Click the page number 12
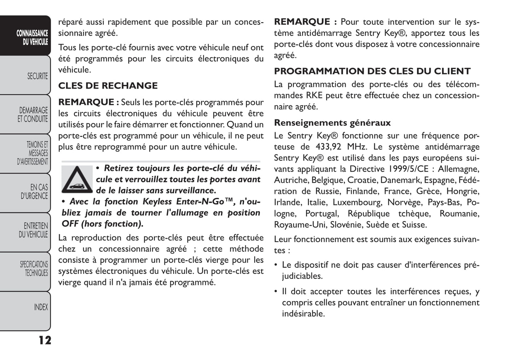click(x=45, y=340)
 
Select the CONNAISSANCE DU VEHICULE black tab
click(x=32, y=37)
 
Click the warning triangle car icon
click(x=77, y=179)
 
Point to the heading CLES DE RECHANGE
click(x=108, y=86)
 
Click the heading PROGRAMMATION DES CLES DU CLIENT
click(x=372, y=71)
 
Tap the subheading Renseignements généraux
click(x=332, y=123)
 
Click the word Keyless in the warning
click(x=157, y=202)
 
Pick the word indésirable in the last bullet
click(x=303, y=314)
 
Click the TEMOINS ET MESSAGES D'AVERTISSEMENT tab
click(x=33, y=153)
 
